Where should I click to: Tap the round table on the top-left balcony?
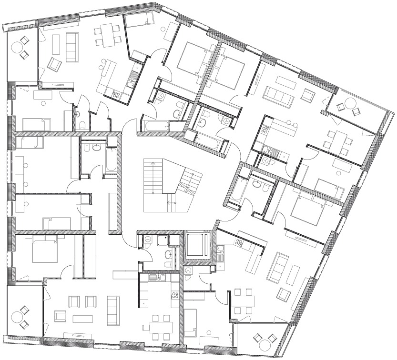pos(19,47)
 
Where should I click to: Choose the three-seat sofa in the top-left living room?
pos(72,47)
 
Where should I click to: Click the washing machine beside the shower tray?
pos(148,240)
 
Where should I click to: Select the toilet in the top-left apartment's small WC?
pos(81,125)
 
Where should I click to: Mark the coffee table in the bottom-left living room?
pos(81,317)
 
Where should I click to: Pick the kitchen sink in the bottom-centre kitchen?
pos(153,278)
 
